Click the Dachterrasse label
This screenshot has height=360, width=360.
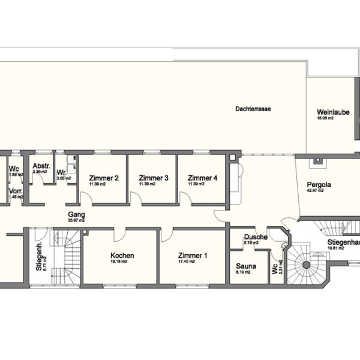251,110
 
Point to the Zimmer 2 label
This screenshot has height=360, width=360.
104,178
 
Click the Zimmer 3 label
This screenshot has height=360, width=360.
153,178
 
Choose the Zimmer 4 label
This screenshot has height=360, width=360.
202,178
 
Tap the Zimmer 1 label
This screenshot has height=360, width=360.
193,256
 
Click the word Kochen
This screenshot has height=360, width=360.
122,256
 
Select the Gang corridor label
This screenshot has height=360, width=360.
76,214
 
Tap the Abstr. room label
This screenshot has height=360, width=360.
41,166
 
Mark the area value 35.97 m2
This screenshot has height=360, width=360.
76,220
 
